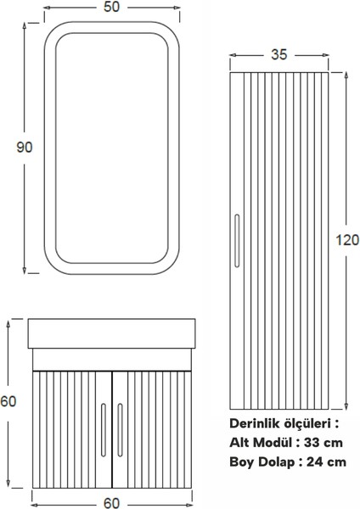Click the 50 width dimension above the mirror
coord(112,8)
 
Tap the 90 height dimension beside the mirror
coord(25,147)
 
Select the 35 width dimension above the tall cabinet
coord(278,54)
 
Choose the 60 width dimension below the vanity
coord(111,501)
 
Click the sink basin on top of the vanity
coord(111,333)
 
